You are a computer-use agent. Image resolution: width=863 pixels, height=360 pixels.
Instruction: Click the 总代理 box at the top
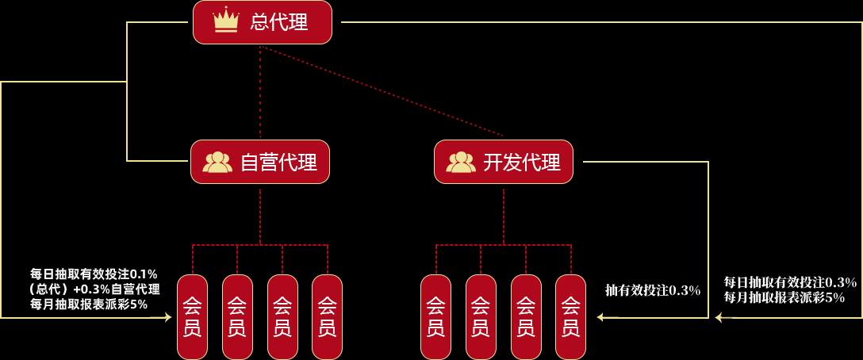(262, 22)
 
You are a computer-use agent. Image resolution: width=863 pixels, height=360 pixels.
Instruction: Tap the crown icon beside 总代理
(226, 21)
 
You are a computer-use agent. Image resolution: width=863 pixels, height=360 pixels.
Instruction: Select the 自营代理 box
(260, 162)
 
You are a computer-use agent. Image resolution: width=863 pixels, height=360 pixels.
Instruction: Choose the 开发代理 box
(503, 162)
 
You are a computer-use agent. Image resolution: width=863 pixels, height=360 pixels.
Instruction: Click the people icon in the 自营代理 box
(217, 162)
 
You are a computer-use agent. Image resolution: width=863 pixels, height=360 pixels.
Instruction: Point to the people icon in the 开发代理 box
(461, 162)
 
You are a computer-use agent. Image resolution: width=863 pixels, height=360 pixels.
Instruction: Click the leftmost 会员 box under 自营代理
(192, 316)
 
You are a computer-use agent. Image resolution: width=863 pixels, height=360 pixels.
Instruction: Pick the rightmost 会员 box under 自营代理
(327, 316)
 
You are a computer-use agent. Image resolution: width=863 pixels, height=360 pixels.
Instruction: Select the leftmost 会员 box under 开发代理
(435, 316)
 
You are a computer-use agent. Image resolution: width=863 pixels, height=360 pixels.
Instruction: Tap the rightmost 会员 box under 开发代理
(570, 316)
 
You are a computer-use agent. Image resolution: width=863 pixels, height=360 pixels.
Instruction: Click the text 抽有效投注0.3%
(653, 290)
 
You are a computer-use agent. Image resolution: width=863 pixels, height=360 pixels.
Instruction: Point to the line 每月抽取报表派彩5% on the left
(89, 304)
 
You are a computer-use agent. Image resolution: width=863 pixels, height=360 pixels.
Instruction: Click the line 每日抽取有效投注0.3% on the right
(790, 282)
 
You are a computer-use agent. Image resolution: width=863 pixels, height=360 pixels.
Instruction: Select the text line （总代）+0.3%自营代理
(94, 289)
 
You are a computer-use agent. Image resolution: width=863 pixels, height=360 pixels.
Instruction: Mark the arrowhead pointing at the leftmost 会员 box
(167, 317)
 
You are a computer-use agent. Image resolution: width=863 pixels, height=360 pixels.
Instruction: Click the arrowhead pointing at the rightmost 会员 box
(601, 317)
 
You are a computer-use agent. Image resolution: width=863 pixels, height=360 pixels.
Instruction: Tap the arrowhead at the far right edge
(719, 318)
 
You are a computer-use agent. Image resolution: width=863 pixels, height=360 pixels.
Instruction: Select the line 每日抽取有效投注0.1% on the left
(94, 274)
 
